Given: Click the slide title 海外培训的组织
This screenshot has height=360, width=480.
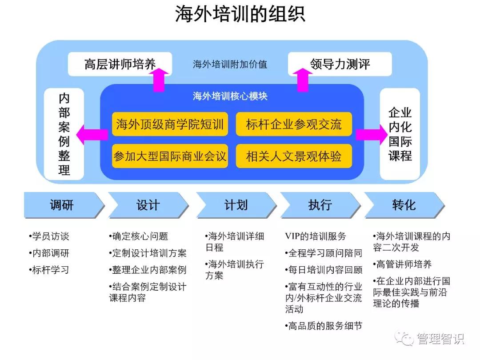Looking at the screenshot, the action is [240, 14].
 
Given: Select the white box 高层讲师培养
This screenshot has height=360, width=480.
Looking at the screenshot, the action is [120, 64].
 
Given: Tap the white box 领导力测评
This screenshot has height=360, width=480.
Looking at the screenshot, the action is [340, 64].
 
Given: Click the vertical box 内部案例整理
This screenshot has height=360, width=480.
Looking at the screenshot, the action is [64, 134].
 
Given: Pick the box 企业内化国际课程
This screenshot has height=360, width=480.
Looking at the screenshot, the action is [400, 134].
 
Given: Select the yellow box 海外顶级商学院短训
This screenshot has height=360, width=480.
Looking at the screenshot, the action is [170, 124].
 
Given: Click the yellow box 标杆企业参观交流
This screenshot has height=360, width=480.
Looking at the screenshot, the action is [294, 124].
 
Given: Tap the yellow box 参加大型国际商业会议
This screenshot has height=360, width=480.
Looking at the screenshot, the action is [170, 156].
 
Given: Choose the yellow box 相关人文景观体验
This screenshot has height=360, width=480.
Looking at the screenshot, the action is [294, 156].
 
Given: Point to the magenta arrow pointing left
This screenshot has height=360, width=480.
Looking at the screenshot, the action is [92, 134].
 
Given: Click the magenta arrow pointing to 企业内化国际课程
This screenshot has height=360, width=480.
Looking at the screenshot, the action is [372, 134].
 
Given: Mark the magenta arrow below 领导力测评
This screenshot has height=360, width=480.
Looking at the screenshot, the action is [303, 80].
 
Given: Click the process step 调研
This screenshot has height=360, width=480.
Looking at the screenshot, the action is [64, 205].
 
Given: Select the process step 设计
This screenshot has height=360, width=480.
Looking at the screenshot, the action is [148, 205].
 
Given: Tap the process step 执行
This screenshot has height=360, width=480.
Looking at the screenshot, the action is [320, 205].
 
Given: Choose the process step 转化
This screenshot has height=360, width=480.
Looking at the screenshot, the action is [404, 205].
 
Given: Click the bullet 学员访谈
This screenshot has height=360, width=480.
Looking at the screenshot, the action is [49, 236].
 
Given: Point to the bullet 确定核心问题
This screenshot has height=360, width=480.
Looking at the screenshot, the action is [138, 236].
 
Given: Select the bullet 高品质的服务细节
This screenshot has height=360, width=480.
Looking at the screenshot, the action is [324, 326].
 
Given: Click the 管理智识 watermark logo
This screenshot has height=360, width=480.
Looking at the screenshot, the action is [430, 339].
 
